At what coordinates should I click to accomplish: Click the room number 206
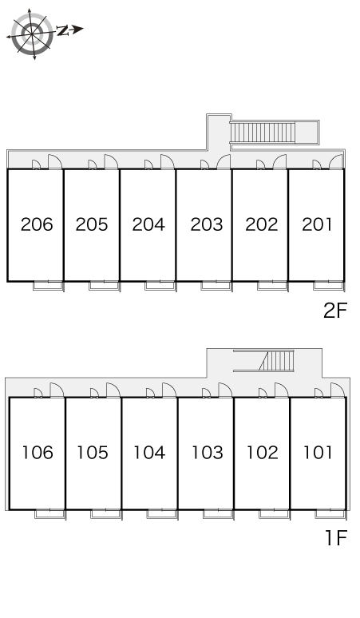(37, 224)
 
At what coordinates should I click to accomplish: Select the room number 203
(207, 224)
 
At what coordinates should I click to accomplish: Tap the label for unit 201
(317, 224)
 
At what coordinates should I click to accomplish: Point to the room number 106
(38, 453)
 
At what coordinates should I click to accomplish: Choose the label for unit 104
(149, 453)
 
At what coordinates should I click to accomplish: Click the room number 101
(318, 453)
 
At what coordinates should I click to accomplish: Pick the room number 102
(263, 453)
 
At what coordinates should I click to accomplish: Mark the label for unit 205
(92, 224)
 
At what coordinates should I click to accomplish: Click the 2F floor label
(335, 311)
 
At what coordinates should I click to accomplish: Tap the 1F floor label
(336, 538)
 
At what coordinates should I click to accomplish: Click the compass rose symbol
(31, 34)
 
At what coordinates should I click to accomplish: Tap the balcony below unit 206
(48, 286)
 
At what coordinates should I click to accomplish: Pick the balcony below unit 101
(330, 514)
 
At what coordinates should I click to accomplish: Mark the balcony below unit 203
(216, 286)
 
